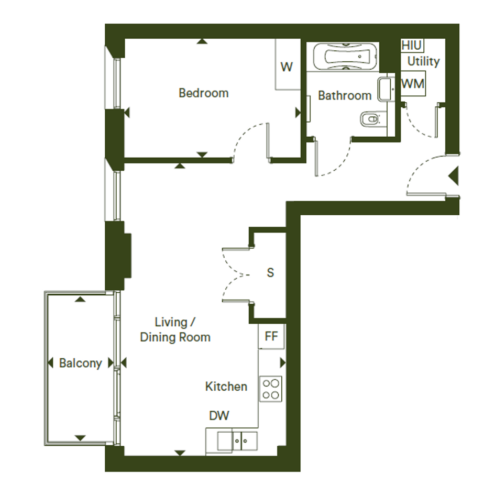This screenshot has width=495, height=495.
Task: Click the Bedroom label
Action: [x=204, y=93]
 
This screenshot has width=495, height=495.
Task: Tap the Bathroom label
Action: [x=345, y=95]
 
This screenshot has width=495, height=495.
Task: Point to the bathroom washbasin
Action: [x=386, y=89]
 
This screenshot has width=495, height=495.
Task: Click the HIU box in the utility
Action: [x=412, y=46]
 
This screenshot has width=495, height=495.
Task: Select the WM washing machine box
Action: [x=413, y=84]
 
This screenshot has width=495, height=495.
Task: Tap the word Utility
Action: [x=423, y=61]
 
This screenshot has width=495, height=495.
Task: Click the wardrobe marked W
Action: [x=287, y=64]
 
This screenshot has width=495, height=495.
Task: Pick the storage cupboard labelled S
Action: [x=270, y=273]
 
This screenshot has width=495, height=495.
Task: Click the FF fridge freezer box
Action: [x=271, y=336]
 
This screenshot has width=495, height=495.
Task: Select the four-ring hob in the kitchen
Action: [x=271, y=389]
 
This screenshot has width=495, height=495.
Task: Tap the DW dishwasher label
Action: [x=219, y=416]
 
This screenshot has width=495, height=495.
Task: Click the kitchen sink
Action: [x=237, y=441]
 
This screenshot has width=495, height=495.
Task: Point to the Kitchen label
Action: [x=226, y=387]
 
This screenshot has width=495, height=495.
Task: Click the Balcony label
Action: [x=81, y=364]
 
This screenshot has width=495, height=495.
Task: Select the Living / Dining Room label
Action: [x=175, y=330]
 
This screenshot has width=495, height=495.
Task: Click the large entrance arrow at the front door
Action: [x=453, y=176]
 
